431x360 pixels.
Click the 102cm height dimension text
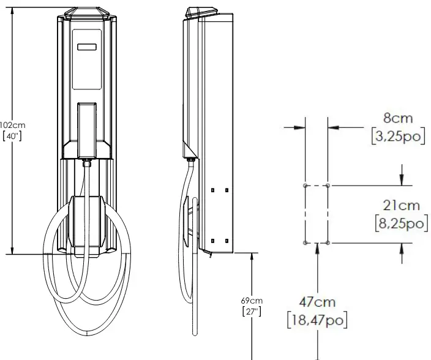tap(12, 126)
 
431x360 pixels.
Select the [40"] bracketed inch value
tap(12, 136)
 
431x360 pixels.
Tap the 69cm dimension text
tap(252, 301)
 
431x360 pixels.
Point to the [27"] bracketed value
tap(252, 312)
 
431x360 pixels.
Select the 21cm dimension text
tap(401, 207)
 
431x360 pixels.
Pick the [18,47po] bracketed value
tap(317, 319)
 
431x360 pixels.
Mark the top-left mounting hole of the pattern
tap(305, 184)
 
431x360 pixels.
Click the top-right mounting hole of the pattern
tap(328, 184)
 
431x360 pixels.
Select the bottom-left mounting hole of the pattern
tap(305, 243)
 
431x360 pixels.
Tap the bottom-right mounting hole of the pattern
tap(328, 243)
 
